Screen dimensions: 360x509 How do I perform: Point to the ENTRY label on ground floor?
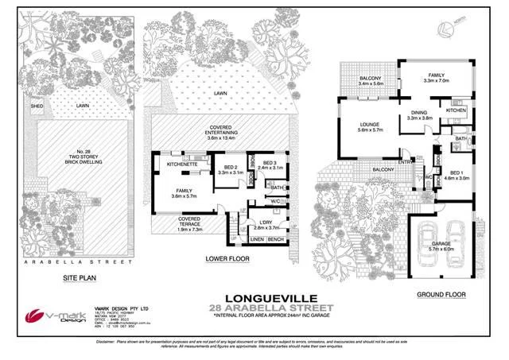coord(406,162)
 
